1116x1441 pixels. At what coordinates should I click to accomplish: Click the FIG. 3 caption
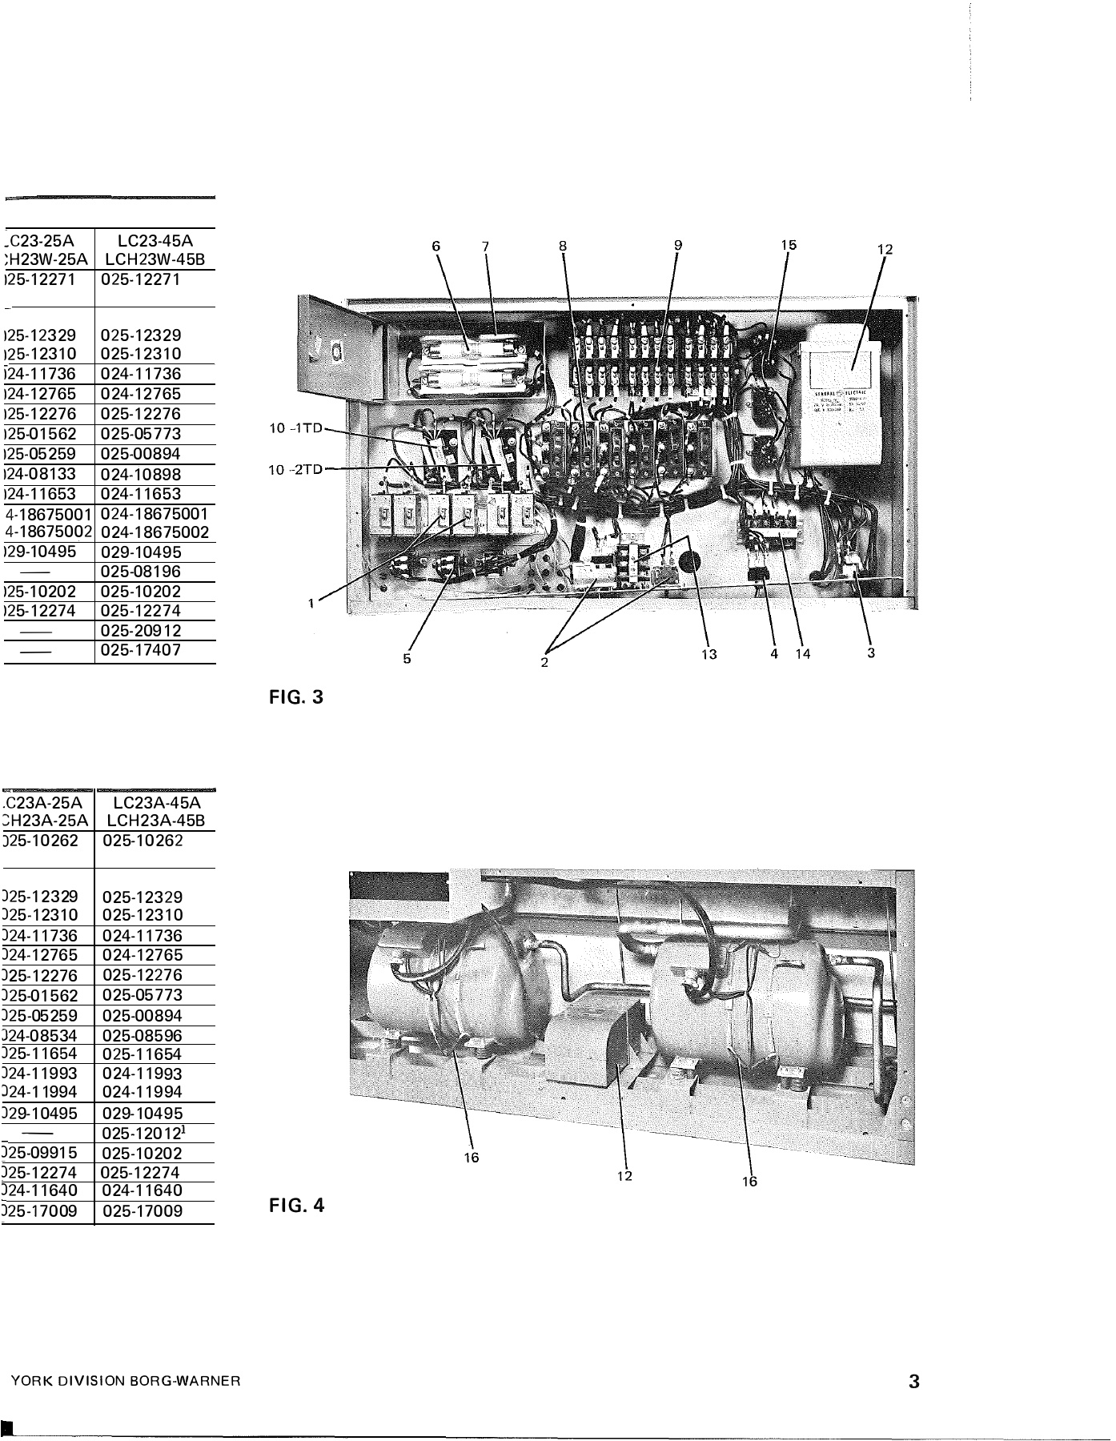(296, 697)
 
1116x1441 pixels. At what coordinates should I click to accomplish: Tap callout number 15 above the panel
(789, 245)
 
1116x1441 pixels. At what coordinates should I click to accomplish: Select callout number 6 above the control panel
(436, 247)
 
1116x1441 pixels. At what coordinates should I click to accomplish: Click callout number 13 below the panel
(709, 654)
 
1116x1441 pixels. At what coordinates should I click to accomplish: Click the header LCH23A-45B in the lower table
(155, 821)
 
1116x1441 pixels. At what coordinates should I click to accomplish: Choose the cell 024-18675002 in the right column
(155, 532)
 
